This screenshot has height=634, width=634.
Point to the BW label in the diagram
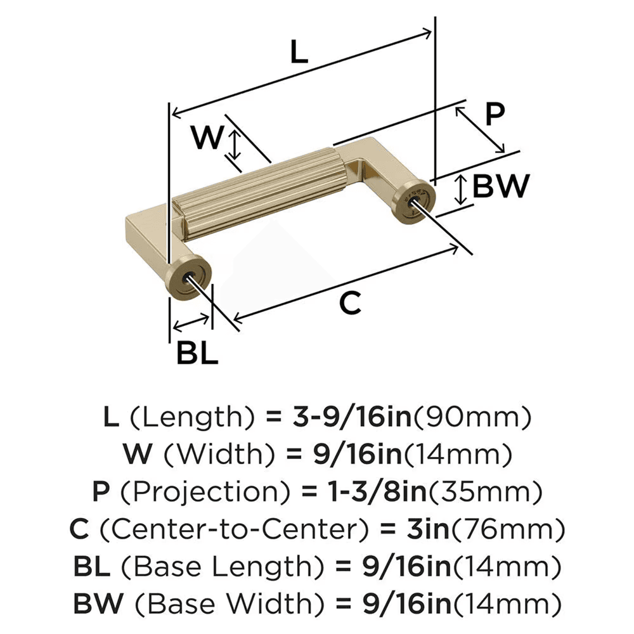tap(501, 186)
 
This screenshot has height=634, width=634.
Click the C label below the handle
tap(349, 304)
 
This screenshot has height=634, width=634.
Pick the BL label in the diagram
tap(197, 353)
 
